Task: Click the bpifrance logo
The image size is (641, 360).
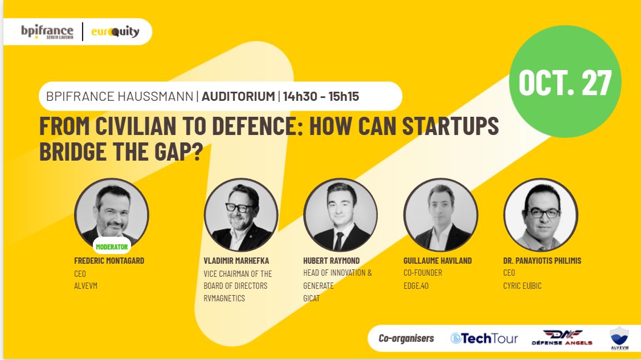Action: click(x=47, y=31)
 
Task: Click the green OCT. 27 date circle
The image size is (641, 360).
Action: click(x=565, y=82)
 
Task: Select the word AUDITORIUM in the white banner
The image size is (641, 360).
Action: click(x=238, y=96)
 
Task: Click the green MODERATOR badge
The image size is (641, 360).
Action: click(x=112, y=247)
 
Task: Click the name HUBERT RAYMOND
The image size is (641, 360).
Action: click(x=332, y=261)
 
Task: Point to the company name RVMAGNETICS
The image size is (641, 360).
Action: click(x=224, y=298)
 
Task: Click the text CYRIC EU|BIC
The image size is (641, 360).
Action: click(x=522, y=285)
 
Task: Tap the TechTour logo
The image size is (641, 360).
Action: click(x=484, y=338)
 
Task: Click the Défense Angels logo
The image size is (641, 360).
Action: click(x=562, y=338)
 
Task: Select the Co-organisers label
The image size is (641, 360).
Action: click(x=406, y=338)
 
